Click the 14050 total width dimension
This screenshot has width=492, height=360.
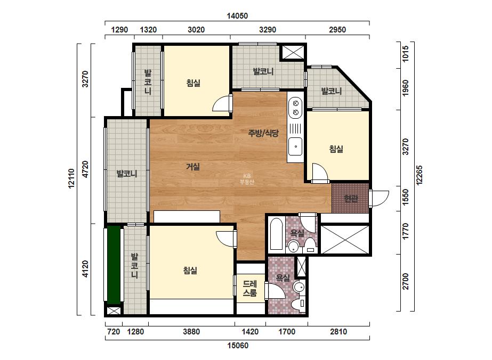pos(237,15)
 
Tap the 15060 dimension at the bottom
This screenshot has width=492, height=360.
pos(238,345)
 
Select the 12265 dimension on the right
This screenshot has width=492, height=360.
pos(419,175)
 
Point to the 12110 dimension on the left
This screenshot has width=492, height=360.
pos(71,178)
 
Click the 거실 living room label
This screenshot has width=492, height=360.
pos(193,167)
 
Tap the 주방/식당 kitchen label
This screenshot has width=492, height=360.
pos(263,133)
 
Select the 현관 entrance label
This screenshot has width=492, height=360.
pos(351,198)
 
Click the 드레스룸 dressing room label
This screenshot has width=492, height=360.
pos(250,288)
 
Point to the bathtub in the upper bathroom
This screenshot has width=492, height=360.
pos(277,234)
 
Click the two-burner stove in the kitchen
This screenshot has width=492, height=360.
pos(295,108)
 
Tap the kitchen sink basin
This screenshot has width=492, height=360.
pos(295,146)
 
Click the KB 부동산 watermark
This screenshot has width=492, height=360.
pos(247,179)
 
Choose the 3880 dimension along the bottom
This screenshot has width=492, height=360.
pos(191,331)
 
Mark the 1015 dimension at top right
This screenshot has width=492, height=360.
pos(406,54)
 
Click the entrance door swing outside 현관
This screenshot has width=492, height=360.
pos(379,198)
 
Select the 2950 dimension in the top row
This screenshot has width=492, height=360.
pos(337,30)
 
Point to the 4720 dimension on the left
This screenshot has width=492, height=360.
pos(85,169)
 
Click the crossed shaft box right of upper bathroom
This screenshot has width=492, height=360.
pos(344,239)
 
